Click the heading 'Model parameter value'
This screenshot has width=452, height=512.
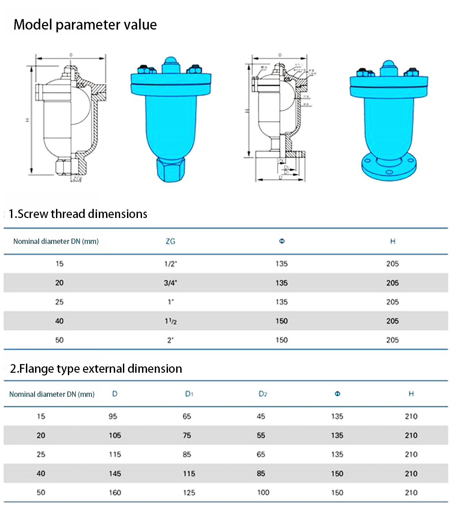[x=85, y=25]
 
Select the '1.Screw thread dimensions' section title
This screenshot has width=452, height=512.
[x=78, y=214]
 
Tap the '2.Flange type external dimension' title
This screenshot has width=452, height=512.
[x=96, y=369]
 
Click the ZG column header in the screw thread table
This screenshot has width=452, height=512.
[x=170, y=241]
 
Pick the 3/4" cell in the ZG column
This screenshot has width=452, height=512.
[x=170, y=283]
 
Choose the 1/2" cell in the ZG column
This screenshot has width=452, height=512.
[x=170, y=264]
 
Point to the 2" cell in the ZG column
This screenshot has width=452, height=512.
[x=170, y=340]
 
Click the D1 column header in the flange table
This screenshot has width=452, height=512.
[x=189, y=394]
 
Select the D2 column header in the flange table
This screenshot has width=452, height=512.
[x=263, y=394]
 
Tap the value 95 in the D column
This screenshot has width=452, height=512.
[x=115, y=416]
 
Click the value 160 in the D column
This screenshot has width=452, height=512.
[x=115, y=492]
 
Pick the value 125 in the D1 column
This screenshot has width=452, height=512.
[x=189, y=492]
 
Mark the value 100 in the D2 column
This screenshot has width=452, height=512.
[x=263, y=492]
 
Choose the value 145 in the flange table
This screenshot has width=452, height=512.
[x=115, y=474]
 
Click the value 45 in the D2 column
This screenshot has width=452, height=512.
[x=261, y=416]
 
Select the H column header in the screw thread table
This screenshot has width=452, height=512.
[x=392, y=241]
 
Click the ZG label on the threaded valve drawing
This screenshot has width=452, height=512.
[x=76, y=179]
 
